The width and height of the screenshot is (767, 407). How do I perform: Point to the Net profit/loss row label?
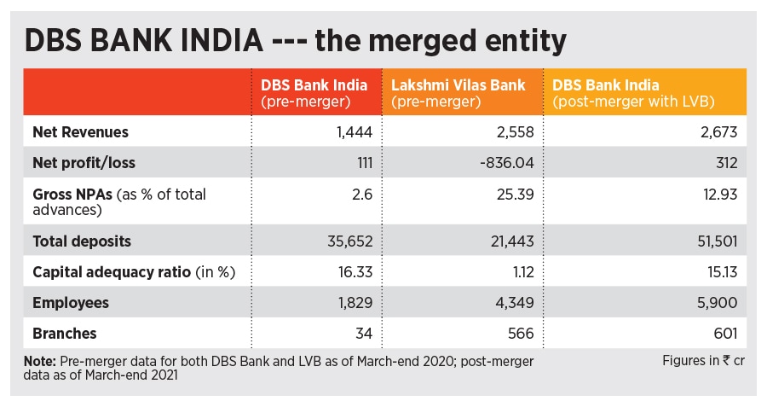coord(84,162)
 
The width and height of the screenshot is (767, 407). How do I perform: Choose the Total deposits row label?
coord(82,241)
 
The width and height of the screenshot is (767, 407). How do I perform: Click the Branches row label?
coord(65,334)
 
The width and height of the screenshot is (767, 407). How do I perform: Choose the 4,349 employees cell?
coord(516,303)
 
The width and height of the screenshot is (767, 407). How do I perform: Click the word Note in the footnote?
coord(39,361)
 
